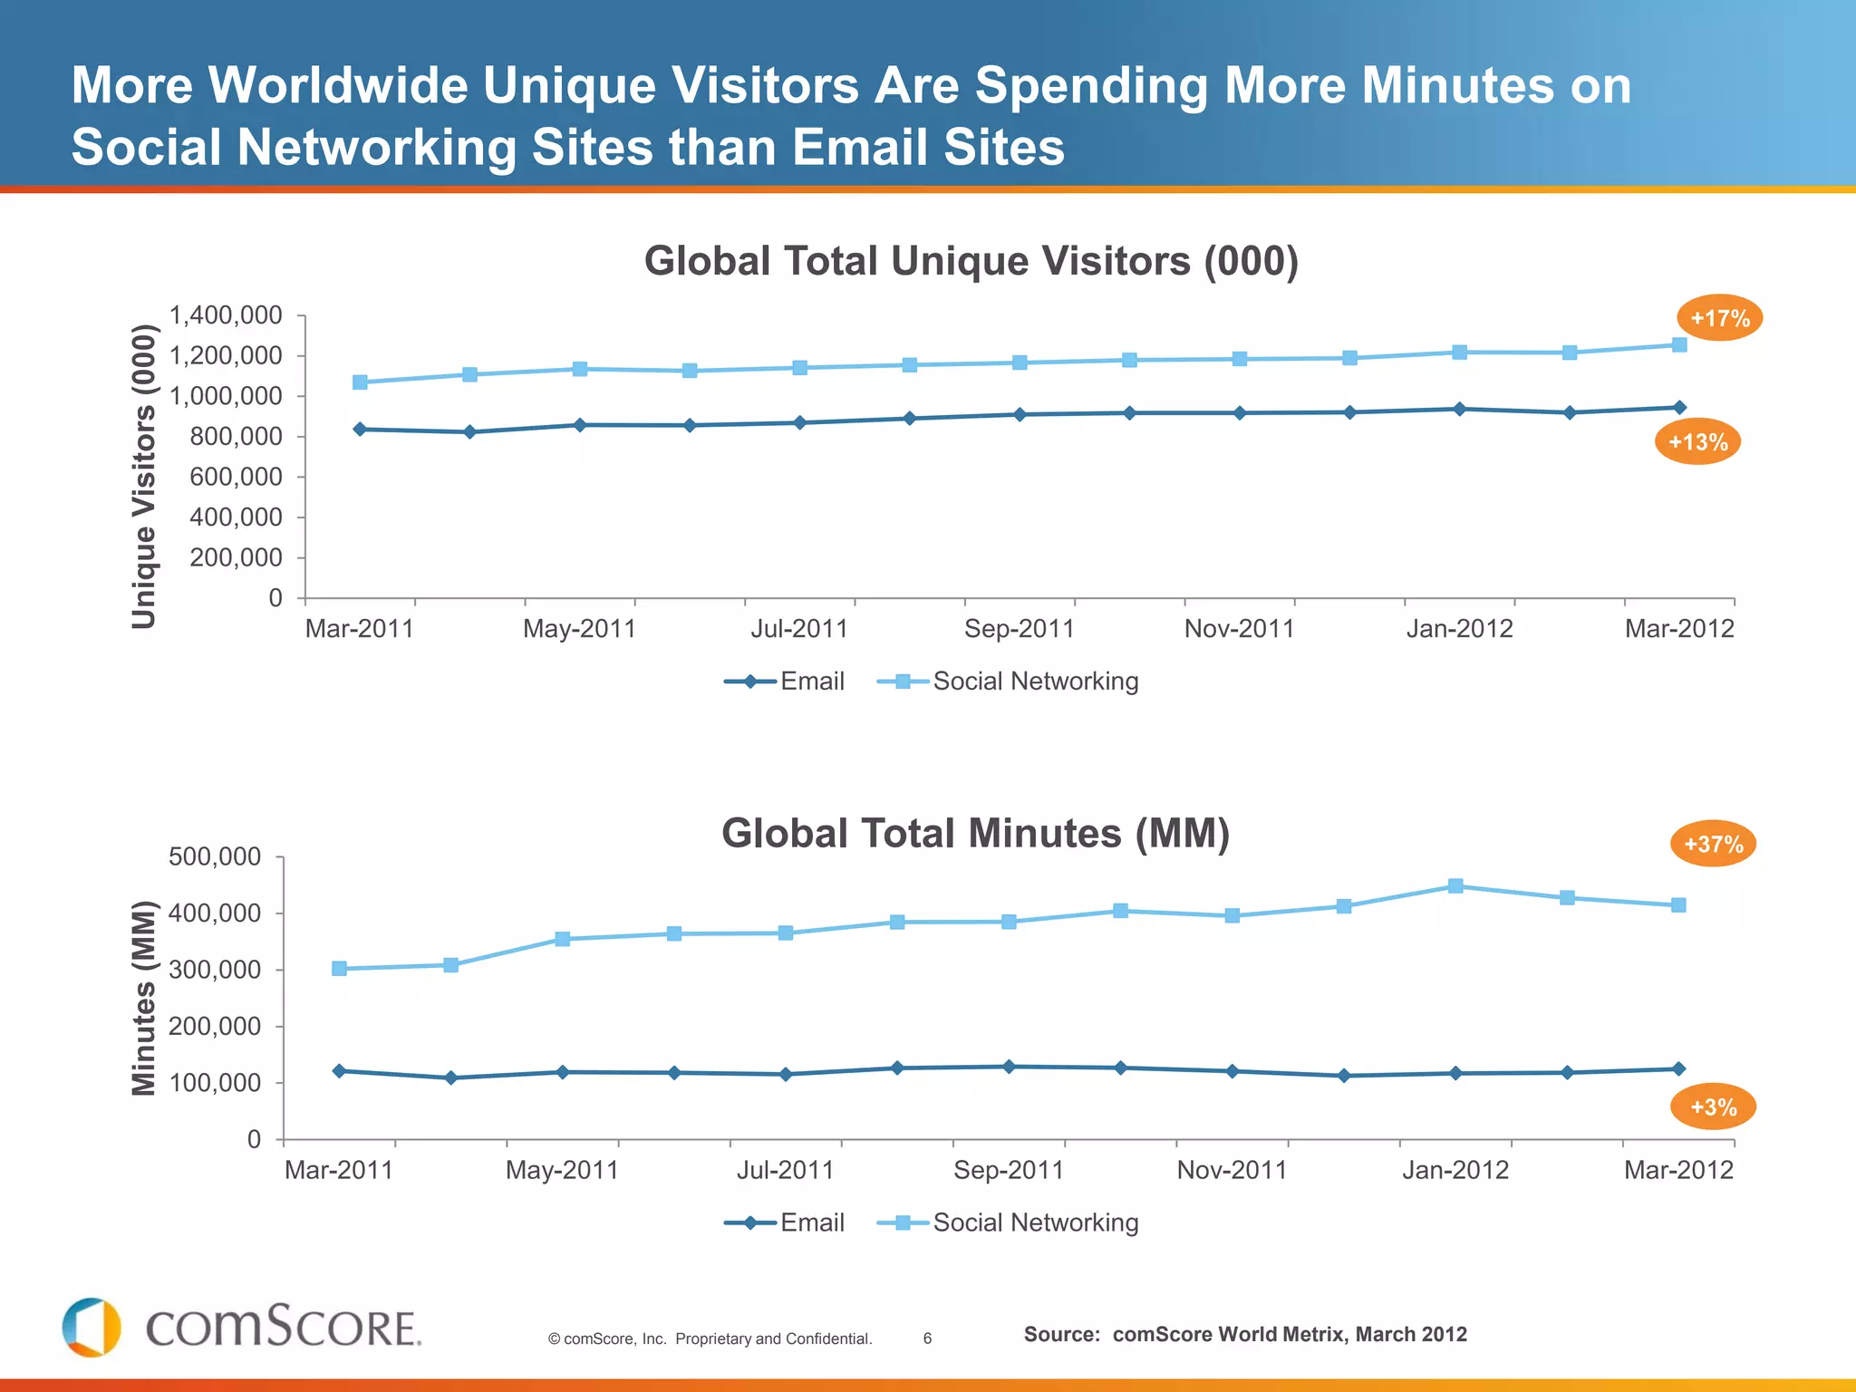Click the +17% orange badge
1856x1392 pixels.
[1719, 318]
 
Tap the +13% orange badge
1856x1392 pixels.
[1697, 442]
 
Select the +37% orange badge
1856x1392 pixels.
[1713, 844]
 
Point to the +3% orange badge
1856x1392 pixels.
[1713, 1107]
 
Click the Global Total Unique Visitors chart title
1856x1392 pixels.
[971, 261]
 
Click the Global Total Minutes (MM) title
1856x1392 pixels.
[975, 834]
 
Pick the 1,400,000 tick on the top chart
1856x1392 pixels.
[227, 315]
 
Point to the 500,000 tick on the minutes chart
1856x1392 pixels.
[215, 856]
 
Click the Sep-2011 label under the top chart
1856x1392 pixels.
[1019, 629]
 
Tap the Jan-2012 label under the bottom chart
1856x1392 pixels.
[1455, 1170]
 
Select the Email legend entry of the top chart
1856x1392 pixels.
[785, 681]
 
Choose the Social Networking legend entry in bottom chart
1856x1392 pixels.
[1008, 1223]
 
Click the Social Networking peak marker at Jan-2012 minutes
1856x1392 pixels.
[1455, 885]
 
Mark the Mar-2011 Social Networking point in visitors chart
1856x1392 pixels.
[360, 382]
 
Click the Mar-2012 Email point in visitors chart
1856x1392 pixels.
[1679, 408]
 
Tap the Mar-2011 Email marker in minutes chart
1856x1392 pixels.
[339, 1071]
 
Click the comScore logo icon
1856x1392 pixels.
[92, 1327]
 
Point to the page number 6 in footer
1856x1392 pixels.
[927, 1339]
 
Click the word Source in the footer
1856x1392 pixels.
[1061, 1334]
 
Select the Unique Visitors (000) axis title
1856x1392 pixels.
[144, 477]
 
